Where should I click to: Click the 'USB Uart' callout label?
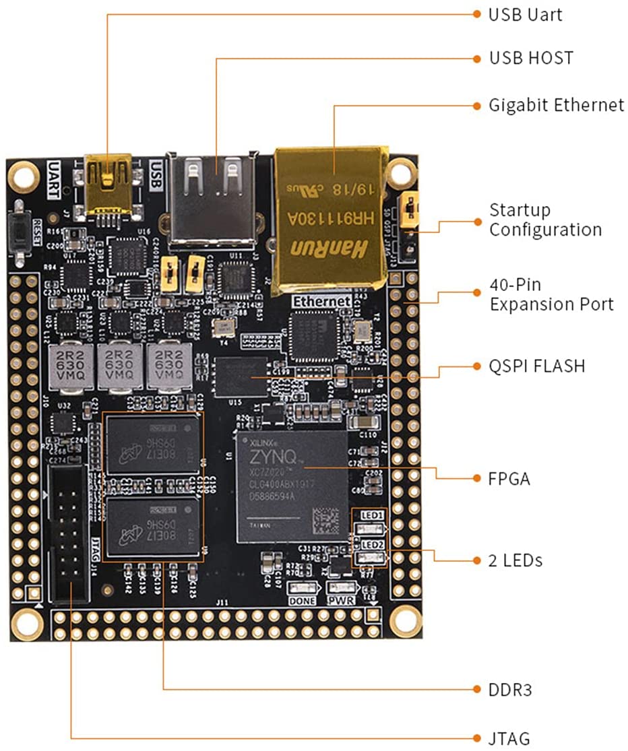point(525,14)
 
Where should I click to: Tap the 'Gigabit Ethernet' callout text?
point(556,106)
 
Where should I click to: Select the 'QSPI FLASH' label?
point(536,366)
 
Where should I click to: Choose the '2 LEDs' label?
point(515,560)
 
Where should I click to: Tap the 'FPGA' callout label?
point(509,479)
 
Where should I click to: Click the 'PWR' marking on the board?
point(340,599)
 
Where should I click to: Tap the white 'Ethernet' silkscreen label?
point(321,302)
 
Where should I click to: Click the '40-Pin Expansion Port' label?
point(551,294)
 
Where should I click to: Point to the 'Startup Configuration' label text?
point(545,220)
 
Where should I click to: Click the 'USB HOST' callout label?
point(531,58)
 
